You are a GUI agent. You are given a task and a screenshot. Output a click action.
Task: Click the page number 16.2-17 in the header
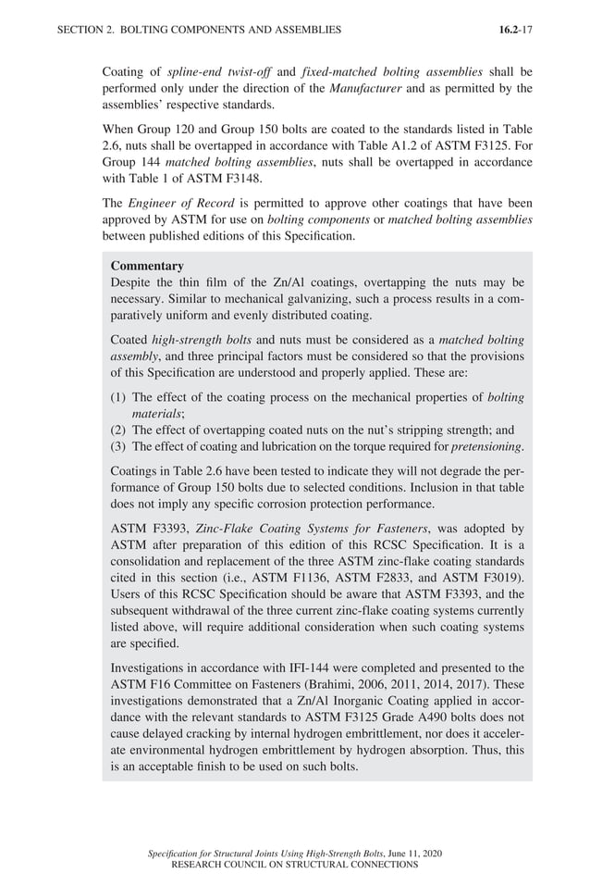(x=515, y=30)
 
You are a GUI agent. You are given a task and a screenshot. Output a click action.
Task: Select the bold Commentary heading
(x=147, y=266)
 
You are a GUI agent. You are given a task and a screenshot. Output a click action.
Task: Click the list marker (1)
(x=119, y=397)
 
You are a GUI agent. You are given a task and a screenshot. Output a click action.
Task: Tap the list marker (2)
(x=119, y=431)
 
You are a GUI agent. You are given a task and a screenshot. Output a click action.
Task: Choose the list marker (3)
(x=119, y=447)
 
